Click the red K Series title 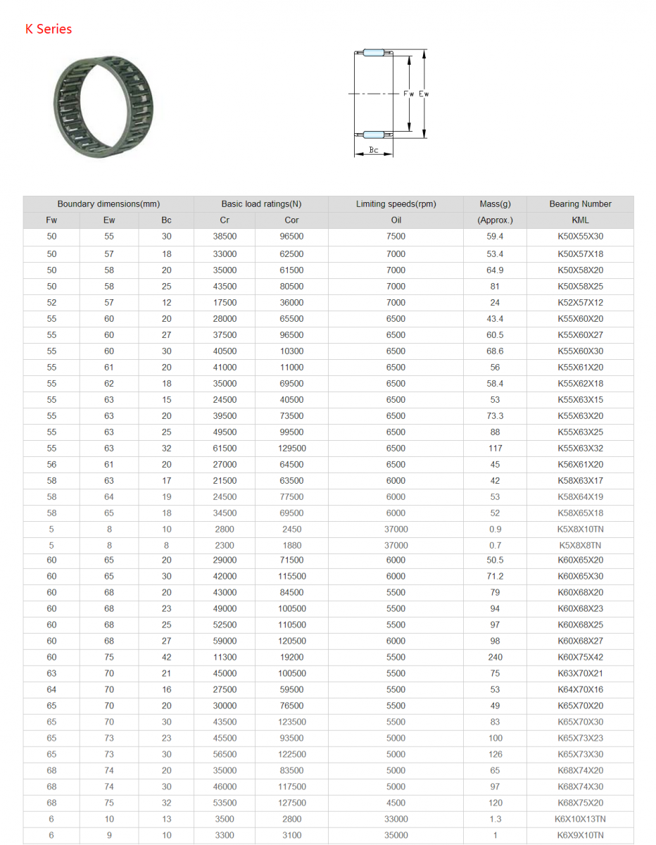click(49, 29)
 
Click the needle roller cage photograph click(103, 106)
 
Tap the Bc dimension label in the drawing click(373, 150)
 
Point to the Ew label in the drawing click(424, 94)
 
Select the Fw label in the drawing click(408, 94)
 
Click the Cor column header click(291, 220)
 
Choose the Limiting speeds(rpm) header click(396, 204)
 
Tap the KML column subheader click(580, 220)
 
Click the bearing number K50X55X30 click(580, 236)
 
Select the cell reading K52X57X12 click(580, 303)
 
